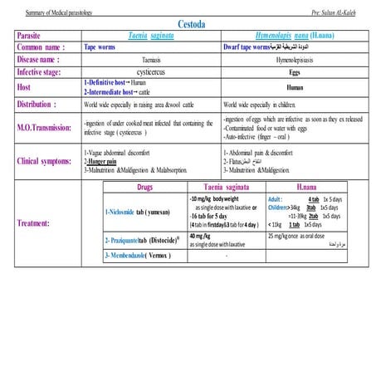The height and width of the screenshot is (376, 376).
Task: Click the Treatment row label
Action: (38, 222)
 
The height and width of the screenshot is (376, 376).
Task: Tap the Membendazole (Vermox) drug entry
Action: (139, 255)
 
